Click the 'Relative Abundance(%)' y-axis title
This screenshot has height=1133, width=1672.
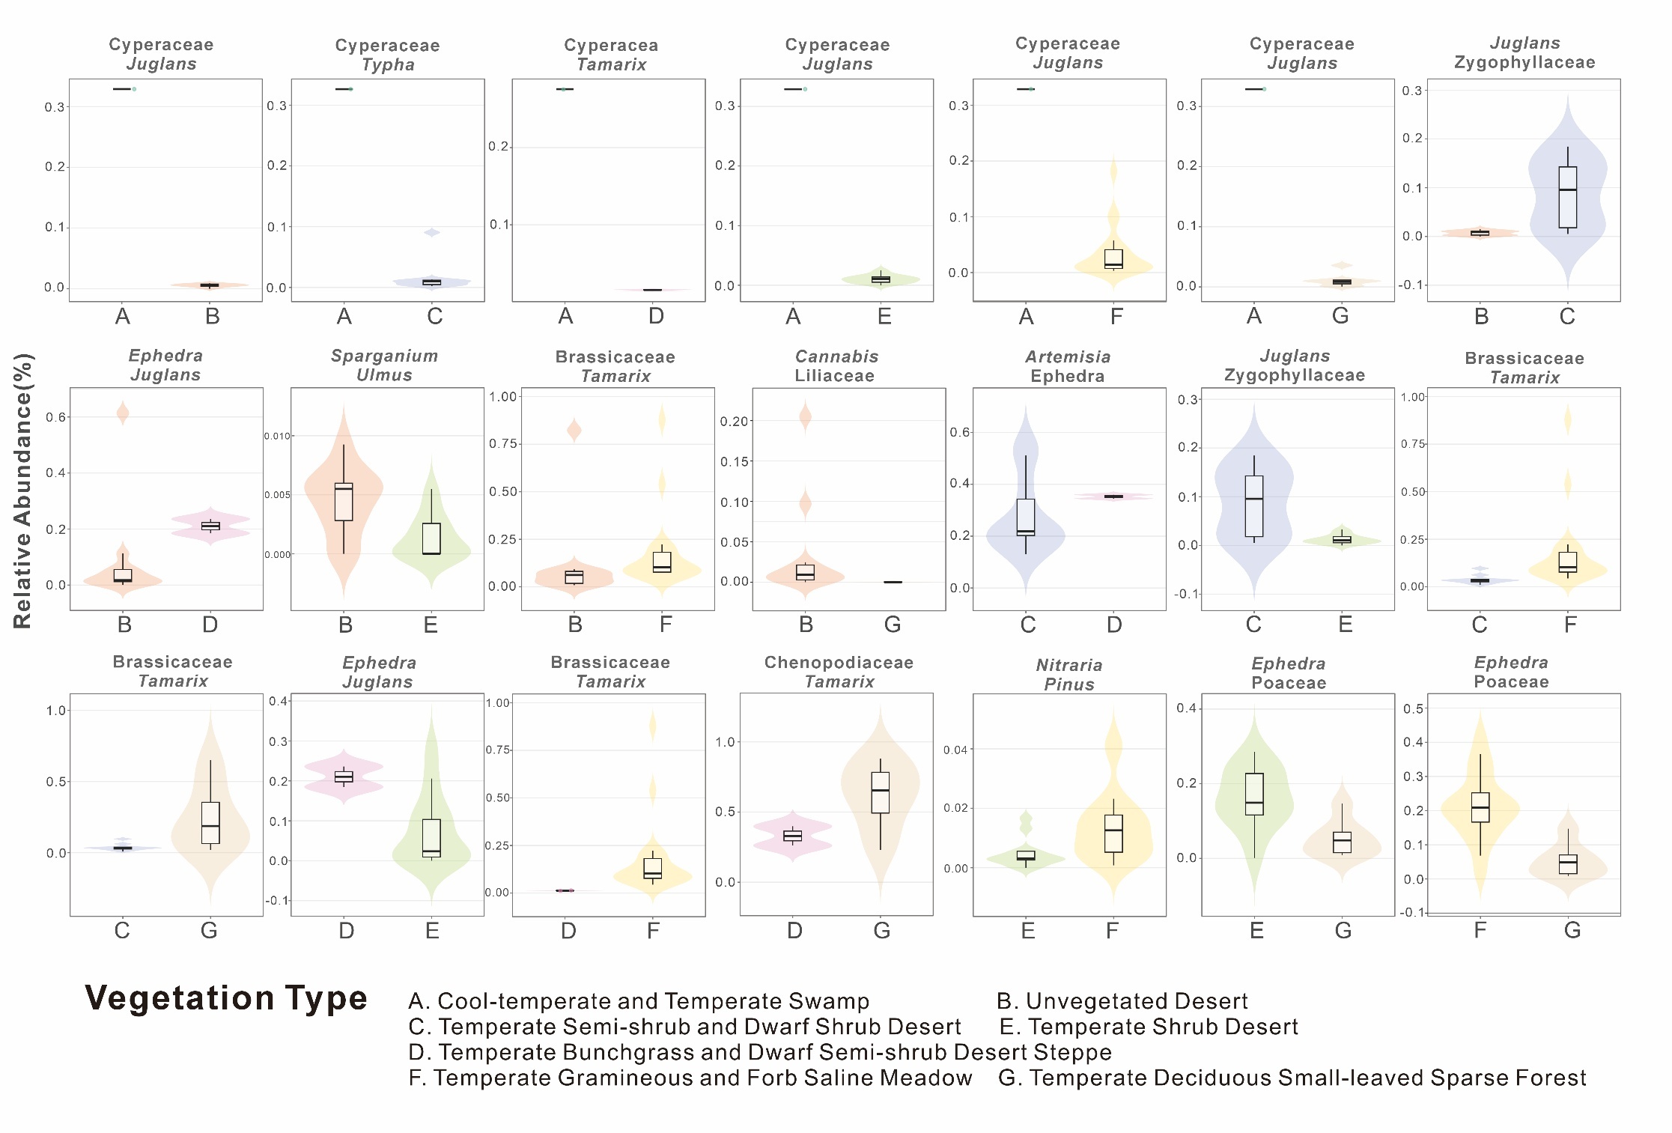[23, 490]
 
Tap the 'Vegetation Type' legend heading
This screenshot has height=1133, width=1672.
[226, 998]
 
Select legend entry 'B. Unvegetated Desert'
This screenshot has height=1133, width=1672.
[1122, 1001]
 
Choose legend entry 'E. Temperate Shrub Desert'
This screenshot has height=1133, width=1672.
[1149, 1027]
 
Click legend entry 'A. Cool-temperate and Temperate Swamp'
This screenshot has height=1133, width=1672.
[639, 1001]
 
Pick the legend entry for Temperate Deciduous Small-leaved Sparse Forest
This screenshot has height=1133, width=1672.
[1292, 1078]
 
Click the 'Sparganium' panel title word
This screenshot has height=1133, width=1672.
[384, 356]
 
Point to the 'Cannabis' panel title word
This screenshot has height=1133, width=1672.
[836, 357]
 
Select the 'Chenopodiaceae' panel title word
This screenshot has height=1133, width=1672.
[839, 663]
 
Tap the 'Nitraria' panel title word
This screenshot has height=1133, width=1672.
[1068, 665]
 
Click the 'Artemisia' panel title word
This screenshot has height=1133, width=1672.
[1068, 357]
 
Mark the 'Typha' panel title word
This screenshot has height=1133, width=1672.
[388, 65]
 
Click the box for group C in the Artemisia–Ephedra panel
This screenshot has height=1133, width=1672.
[1026, 517]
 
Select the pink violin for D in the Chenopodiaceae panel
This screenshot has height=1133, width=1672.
[793, 836]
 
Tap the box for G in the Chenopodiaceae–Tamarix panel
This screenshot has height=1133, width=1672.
[881, 792]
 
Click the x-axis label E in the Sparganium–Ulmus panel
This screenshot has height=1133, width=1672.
[431, 625]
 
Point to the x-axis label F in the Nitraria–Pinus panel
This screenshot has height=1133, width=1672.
[1113, 931]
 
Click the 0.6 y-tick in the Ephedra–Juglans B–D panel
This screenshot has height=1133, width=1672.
[56, 417]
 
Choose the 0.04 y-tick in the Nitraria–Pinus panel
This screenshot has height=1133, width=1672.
[955, 750]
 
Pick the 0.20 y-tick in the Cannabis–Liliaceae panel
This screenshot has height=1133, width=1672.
[734, 422]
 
